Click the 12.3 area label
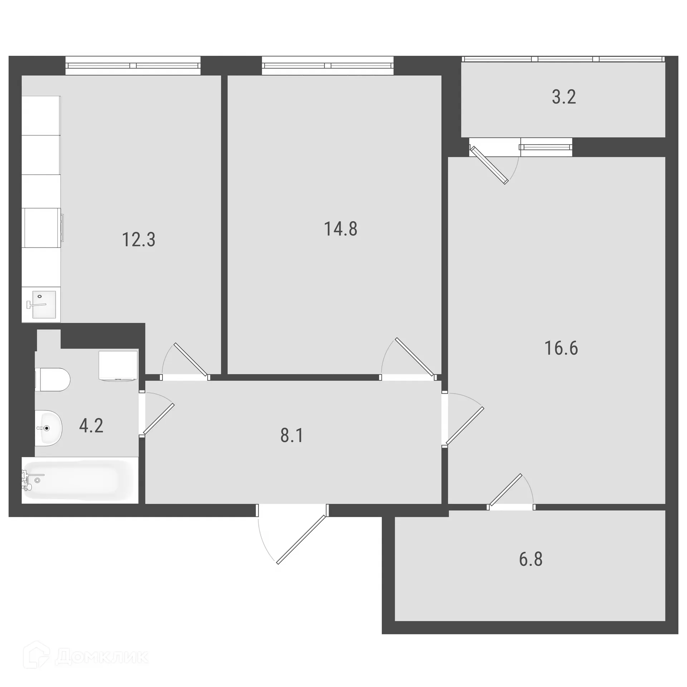click(139, 240)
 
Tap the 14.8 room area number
click(340, 229)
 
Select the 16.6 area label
click(561, 348)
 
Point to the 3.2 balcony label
click(564, 97)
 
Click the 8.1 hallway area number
click(292, 435)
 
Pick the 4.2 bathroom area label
click(91, 426)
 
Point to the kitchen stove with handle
click(42, 228)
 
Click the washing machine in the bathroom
click(118, 365)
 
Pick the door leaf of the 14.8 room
click(415, 356)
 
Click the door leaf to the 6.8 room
click(506, 490)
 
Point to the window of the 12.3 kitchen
click(133, 65)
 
